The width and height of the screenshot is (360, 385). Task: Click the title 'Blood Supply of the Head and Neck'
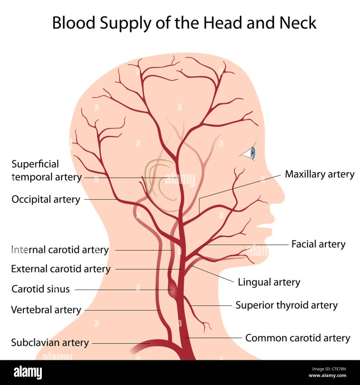184,22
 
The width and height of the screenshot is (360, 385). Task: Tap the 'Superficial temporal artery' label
46,171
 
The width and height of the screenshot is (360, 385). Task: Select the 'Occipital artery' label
46,199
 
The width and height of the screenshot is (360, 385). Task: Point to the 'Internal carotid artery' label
60,250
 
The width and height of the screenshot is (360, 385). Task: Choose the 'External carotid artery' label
61,269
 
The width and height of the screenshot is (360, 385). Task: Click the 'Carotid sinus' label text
40,289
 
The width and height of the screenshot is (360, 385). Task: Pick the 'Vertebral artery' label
46,309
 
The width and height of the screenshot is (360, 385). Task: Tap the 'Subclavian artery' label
49,342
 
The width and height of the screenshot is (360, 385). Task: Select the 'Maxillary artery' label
319,174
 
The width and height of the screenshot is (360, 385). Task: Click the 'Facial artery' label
318,244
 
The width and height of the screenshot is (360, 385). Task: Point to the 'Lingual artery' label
269,282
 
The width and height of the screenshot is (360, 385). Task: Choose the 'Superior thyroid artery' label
286,305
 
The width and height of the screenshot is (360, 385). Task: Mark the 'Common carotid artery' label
297,338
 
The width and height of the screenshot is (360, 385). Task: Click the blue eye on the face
252,153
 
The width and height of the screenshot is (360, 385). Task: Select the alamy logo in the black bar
27,372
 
